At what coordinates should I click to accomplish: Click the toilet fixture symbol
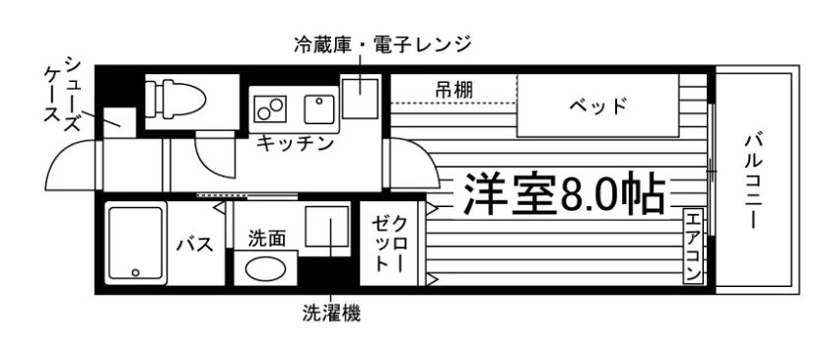pyautogui.click(x=175, y=97)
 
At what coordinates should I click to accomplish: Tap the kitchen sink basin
pyautogui.click(x=319, y=109)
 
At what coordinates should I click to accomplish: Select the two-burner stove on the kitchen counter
pyautogui.click(x=271, y=108)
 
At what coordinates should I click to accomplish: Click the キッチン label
pyautogui.click(x=295, y=143)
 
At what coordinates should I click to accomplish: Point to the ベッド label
pyautogui.click(x=597, y=107)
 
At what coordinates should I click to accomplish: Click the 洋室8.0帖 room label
pyautogui.click(x=564, y=192)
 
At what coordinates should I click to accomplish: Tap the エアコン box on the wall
pyautogui.click(x=693, y=246)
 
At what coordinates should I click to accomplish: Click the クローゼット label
pyautogui.click(x=389, y=244)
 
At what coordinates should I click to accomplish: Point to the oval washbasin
pyautogui.click(x=265, y=269)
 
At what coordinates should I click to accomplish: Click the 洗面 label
pyautogui.click(x=267, y=240)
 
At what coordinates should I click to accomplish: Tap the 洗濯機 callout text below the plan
pyautogui.click(x=331, y=314)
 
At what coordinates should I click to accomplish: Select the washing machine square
pyautogui.click(x=327, y=227)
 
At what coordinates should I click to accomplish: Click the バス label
pyautogui.click(x=195, y=245)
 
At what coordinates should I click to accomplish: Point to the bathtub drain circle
pyautogui.click(x=136, y=272)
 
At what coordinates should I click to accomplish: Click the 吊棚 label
pyautogui.click(x=454, y=90)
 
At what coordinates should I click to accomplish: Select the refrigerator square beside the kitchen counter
pyautogui.click(x=360, y=99)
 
